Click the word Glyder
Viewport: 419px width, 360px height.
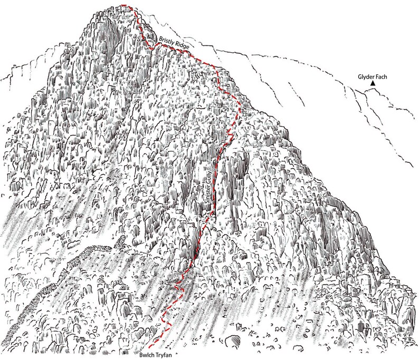tap(367, 76)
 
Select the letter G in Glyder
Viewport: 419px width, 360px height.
tap(359, 76)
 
